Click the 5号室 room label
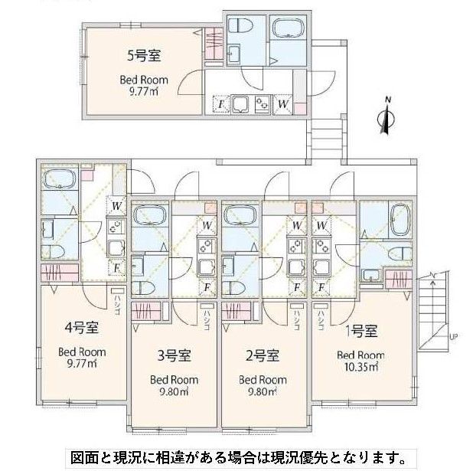coord(142,55)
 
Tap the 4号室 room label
coord(82,330)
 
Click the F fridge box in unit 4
coord(116,267)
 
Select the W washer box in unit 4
coord(116,205)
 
